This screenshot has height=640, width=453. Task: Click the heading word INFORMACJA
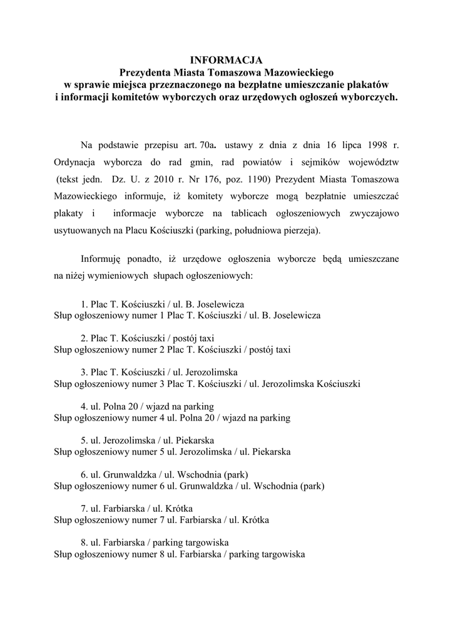(x=226, y=61)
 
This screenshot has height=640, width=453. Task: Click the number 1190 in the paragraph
(x=253, y=179)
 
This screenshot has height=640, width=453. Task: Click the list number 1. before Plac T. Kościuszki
(x=84, y=304)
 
